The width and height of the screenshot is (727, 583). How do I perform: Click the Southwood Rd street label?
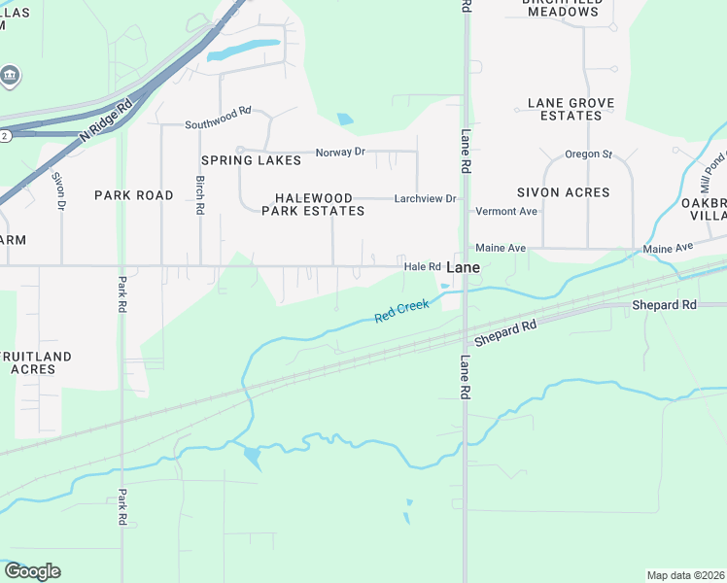218,124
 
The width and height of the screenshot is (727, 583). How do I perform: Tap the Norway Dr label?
340,153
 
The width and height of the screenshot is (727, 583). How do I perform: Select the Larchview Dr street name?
425,198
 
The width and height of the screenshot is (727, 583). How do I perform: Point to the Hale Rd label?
422,266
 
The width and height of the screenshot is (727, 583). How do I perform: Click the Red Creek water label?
401,312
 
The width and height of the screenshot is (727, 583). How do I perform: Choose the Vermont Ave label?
506,211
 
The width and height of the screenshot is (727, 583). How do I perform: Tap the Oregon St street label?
588,154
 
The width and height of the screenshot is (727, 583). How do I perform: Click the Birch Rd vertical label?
199,194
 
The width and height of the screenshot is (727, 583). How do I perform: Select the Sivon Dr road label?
59,190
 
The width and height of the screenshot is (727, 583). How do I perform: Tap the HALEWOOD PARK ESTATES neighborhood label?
313,204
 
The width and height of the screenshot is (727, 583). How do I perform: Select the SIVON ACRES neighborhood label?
563,192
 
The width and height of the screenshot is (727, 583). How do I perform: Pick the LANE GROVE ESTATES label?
565,109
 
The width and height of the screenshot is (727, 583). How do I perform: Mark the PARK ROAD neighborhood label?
133,195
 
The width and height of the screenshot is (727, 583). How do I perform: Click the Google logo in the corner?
32,571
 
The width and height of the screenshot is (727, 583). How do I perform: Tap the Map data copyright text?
686,575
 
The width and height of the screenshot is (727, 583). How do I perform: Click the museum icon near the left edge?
10,76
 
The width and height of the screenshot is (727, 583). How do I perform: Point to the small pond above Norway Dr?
345,120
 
